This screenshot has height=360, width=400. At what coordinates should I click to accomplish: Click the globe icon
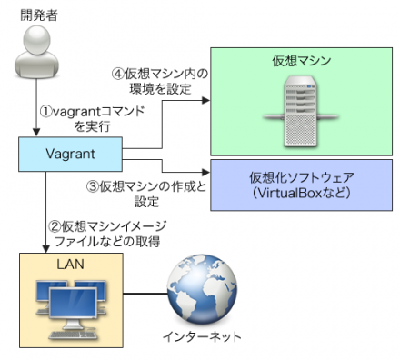[x=198, y=295]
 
